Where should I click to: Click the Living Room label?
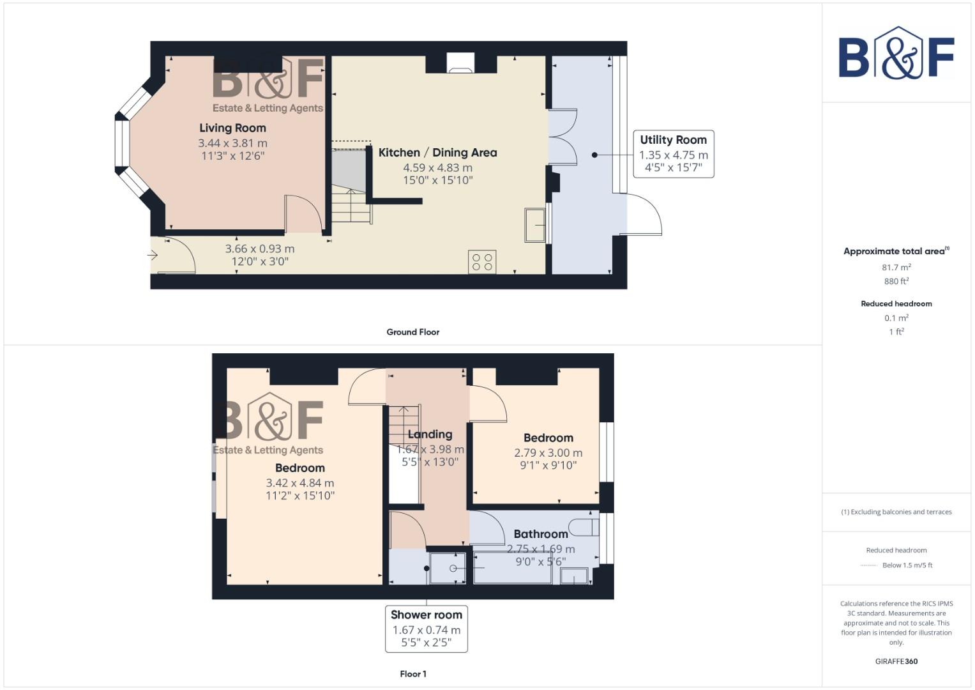(x=232, y=128)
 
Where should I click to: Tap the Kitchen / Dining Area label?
(x=437, y=153)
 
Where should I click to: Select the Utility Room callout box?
(x=673, y=154)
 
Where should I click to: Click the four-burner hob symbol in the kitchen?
(x=482, y=262)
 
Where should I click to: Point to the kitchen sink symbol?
(x=535, y=226)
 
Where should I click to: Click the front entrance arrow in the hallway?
(x=153, y=256)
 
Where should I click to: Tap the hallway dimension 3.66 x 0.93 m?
(x=260, y=249)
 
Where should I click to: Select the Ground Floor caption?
(x=412, y=332)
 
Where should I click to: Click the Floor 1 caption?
(x=412, y=674)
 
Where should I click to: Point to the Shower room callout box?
(x=426, y=629)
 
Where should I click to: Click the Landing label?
(x=430, y=434)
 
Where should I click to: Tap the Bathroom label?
(x=540, y=534)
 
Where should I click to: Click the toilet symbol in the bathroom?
(x=584, y=527)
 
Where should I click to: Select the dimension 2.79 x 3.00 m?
(x=548, y=453)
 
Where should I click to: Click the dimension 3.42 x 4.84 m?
(x=299, y=484)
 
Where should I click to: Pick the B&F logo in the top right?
(x=896, y=54)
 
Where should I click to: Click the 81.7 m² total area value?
(x=896, y=268)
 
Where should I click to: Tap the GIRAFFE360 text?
(x=896, y=662)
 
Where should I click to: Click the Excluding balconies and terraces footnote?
(x=896, y=512)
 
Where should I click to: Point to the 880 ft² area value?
(x=896, y=282)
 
